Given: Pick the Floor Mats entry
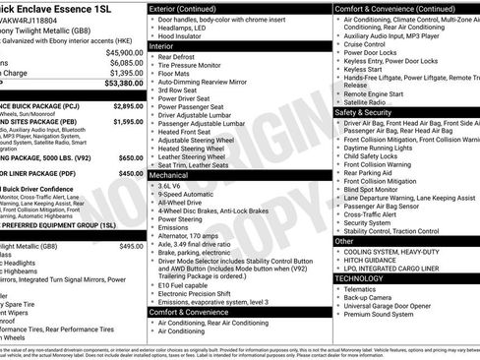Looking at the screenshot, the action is click(x=176, y=73).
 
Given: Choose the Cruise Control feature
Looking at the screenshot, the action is click(x=365, y=44).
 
